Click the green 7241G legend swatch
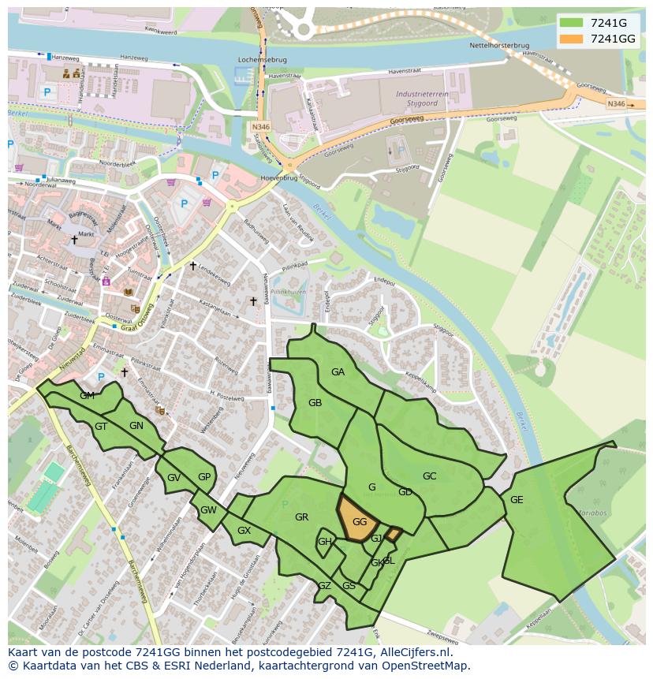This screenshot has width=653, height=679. (572, 23)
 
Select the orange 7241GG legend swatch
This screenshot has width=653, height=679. (572, 39)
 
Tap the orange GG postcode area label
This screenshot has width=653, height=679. (360, 522)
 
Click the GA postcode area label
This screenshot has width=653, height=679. (338, 372)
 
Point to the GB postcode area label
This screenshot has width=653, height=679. (315, 403)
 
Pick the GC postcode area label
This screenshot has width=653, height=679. (429, 476)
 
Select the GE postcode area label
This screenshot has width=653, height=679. (517, 500)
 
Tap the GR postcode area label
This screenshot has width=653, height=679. (301, 517)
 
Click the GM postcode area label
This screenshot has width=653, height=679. (87, 396)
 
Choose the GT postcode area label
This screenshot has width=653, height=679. (101, 427)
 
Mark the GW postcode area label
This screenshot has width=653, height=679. (208, 510)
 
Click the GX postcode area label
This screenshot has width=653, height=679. (244, 531)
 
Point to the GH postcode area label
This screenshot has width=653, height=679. (324, 542)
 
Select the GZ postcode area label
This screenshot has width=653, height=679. (324, 586)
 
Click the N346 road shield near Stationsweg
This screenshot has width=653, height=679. (261, 126)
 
